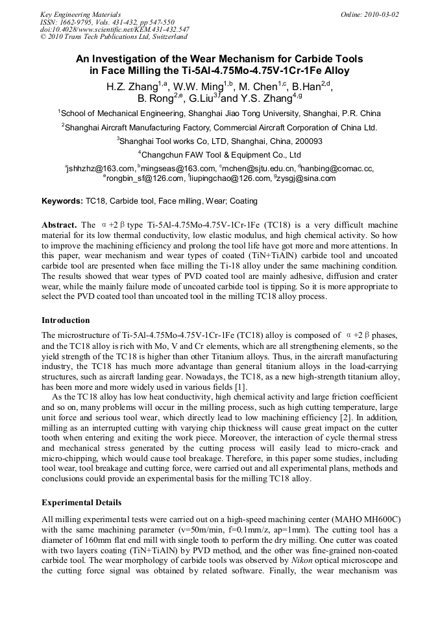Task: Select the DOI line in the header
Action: coord(115,29)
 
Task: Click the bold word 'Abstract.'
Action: coord(60,224)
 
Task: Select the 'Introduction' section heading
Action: coord(66,320)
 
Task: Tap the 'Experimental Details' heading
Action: coord(81,503)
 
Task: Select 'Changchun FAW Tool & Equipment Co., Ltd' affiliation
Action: coord(219,154)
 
